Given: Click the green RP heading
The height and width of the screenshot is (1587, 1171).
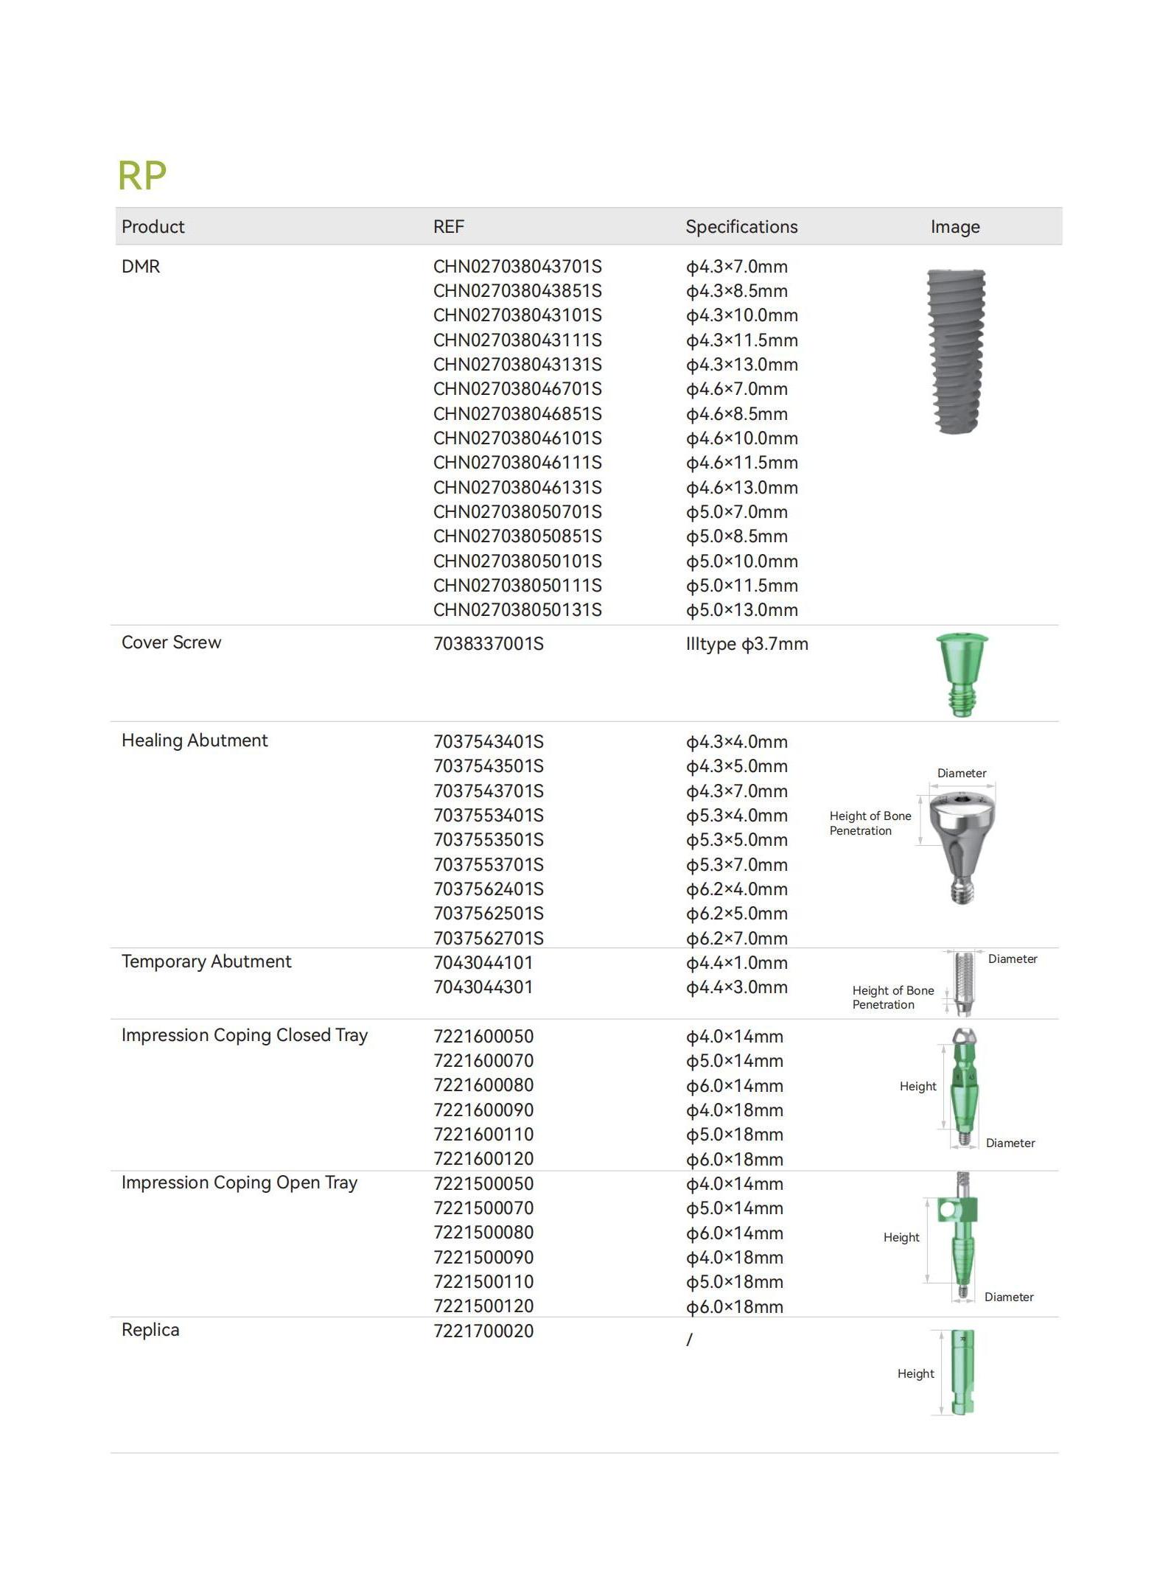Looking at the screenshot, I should click(x=142, y=176).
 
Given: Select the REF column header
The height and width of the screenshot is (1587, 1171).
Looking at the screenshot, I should click(x=448, y=227).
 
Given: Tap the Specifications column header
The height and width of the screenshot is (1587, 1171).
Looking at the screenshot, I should click(x=741, y=227).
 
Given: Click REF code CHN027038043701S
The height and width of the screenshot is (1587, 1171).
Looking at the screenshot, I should click(x=517, y=267).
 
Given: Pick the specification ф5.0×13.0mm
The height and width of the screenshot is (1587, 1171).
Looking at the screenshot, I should click(x=741, y=610).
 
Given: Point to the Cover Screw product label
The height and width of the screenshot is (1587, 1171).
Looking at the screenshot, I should click(x=171, y=642).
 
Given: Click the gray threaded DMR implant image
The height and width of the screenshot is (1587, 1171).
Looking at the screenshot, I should click(x=956, y=351).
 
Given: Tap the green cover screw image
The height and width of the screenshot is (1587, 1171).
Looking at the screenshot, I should click(x=962, y=673).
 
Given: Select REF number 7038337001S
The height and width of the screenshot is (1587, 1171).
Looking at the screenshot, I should click(x=488, y=644).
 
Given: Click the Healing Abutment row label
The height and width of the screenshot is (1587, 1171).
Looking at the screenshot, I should click(x=195, y=740).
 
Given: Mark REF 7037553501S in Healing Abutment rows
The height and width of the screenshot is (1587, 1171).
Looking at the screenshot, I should click(x=488, y=840).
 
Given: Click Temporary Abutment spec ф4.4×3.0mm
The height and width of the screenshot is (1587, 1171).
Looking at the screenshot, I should click(x=736, y=987).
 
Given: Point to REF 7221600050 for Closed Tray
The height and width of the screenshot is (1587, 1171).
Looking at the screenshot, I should click(x=483, y=1037).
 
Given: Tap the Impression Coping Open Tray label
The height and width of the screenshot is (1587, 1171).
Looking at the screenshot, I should click(x=240, y=1183).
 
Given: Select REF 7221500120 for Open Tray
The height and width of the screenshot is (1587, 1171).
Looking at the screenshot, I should click(x=483, y=1306).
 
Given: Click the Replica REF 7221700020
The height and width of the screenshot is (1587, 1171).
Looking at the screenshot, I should click(x=483, y=1331).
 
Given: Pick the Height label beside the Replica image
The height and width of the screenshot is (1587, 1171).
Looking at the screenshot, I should click(x=915, y=1373).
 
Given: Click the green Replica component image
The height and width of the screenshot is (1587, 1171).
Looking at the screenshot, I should click(x=962, y=1372).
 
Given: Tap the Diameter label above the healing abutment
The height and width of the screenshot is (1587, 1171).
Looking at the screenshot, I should click(x=962, y=773).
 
